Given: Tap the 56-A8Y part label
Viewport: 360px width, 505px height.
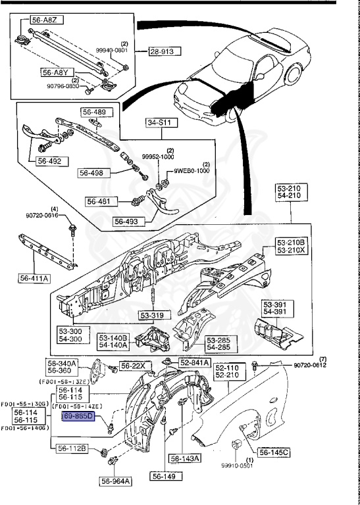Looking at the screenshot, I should pyautogui.click(x=56, y=73).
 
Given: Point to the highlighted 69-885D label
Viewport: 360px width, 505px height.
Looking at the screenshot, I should pyautogui.click(x=78, y=417).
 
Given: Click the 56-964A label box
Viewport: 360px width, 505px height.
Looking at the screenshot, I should pyautogui.click(x=116, y=481).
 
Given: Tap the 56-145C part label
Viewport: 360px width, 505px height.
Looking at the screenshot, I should pyautogui.click(x=274, y=452).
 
